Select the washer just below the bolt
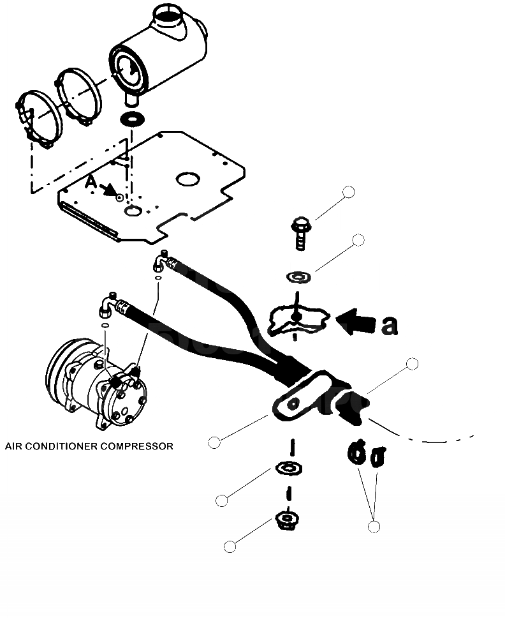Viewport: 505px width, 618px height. pyautogui.click(x=298, y=277)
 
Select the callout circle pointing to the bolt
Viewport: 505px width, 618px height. pyautogui.click(x=348, y=192)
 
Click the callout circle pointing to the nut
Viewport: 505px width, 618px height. pyautogui.click(x=230, y=546)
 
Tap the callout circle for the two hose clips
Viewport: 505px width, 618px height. pyautogui.click(x=374, y=526)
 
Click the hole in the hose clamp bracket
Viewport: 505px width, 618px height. pyautogui.click(x=293, y=403)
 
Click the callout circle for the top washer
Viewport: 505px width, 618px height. pyautogui.click(x=358, y=240)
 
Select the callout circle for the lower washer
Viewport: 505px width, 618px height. pyautogui.click(x=221, y=501)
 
